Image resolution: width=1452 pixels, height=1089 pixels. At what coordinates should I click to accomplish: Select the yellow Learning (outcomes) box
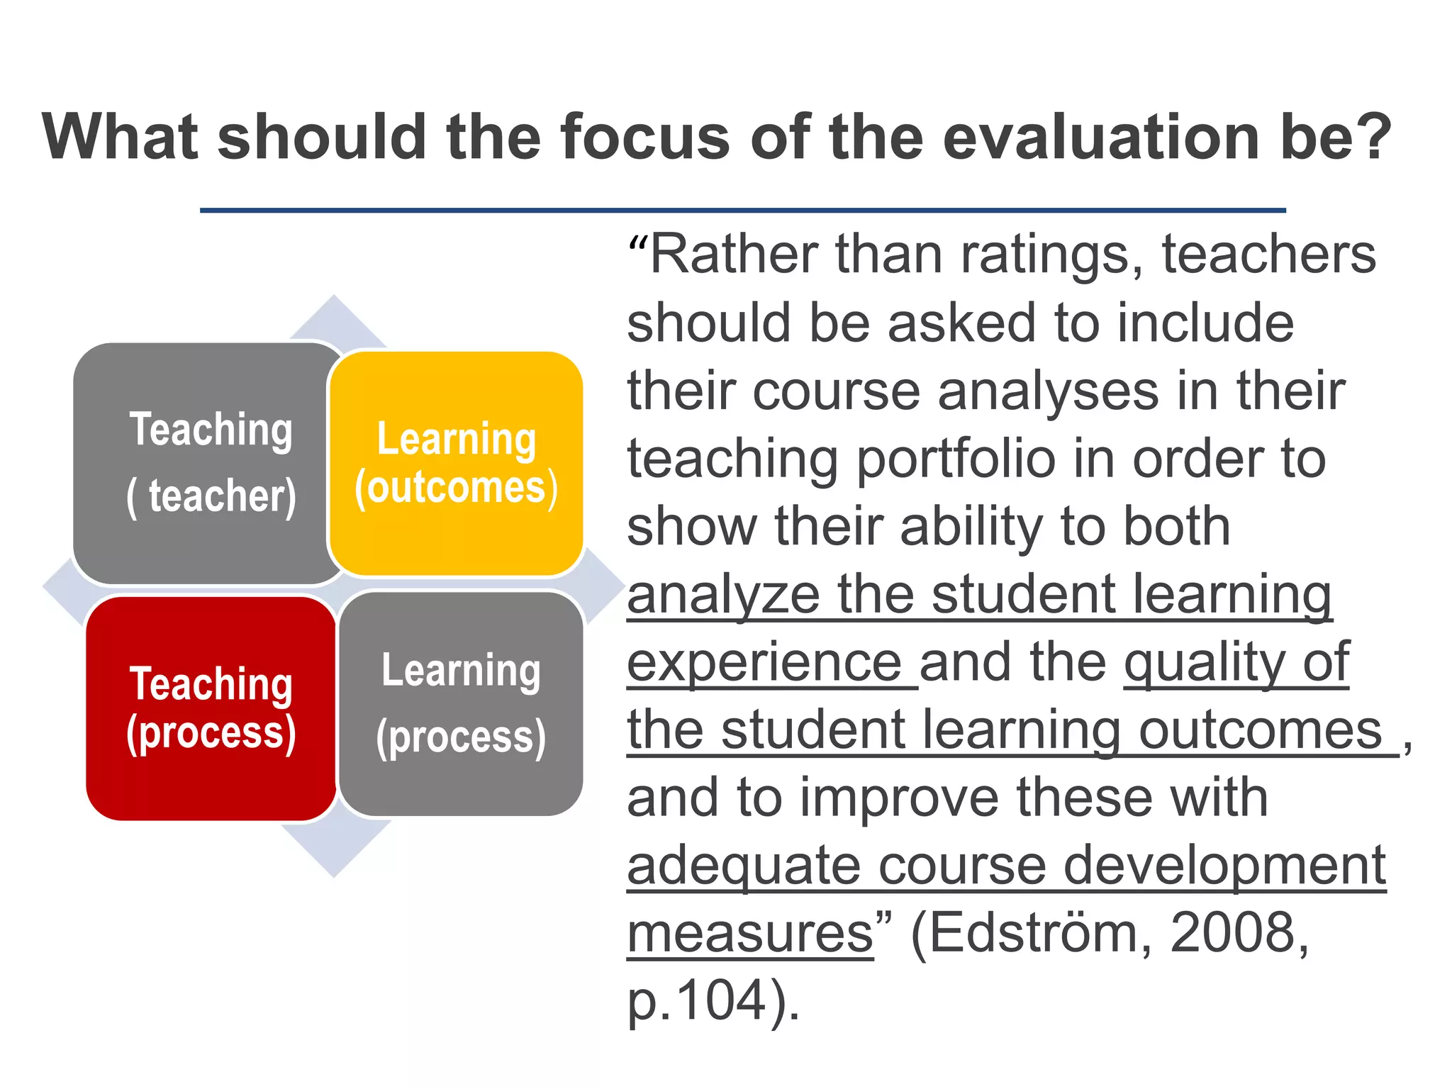[x=457, y=463]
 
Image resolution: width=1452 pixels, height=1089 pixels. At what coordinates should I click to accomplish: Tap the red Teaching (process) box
[x=211, y=708]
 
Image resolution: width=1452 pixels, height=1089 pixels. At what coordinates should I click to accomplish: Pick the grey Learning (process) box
[x=462, y=703]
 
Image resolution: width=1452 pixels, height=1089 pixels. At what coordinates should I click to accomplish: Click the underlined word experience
[x=764, y=663]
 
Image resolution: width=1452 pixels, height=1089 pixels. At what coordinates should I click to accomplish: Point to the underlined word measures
[x=750, y=934]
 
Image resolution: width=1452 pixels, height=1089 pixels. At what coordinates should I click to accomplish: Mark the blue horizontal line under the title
[x=742, y=211]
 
